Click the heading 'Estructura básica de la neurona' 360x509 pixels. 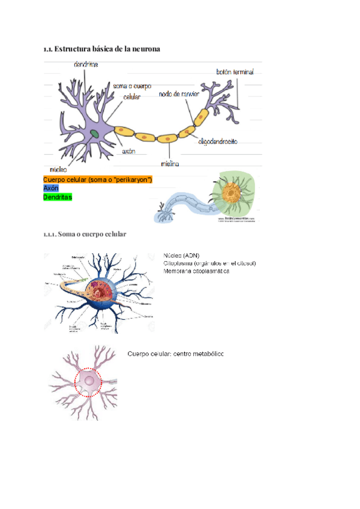point(107,49)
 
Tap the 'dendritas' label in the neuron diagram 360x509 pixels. point(87,64)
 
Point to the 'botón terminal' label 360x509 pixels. point(235,71)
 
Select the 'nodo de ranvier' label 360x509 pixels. point(179,94)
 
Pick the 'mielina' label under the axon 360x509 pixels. point(170,163)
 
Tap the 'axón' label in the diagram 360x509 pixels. point(128,152)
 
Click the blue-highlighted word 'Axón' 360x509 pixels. point(51,188)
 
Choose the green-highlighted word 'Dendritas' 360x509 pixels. point(58,197)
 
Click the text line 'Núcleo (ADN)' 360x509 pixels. point(181,255)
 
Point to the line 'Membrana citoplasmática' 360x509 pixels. point(196,271)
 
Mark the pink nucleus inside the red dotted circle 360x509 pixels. point(89,381)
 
